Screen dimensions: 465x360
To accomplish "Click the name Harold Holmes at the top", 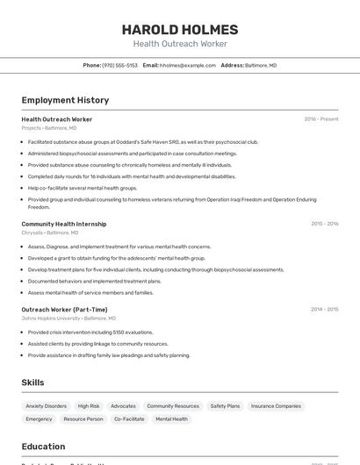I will (x=180, y=29).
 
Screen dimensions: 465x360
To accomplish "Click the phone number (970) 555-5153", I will (x=120, y=65).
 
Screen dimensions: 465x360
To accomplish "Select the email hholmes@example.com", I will (x=187, y=65).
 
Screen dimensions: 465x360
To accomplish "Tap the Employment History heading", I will (x=65, y=100).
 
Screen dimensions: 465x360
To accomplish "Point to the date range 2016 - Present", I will (x=320, y=119).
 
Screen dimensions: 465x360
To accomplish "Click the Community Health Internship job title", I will (x=63, y=224).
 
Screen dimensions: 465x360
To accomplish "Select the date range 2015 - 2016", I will (x=324, y=224).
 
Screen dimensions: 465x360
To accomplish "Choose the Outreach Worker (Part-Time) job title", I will (x=64, y=309).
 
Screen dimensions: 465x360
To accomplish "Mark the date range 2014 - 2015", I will (x=324, y=309).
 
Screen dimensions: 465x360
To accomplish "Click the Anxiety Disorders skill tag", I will (x=46, y=406).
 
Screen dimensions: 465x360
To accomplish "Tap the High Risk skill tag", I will (x=89, y=406).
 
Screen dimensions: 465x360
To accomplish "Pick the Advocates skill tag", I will (x=123, y=406).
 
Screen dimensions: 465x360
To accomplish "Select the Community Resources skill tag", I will (x=173, y=406).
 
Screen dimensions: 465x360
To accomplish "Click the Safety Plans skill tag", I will (x=225, y=406).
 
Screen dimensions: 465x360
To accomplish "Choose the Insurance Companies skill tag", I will (x=276, y=406).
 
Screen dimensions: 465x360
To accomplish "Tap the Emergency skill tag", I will (x=39, y=419).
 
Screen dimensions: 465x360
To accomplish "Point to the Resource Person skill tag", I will (x=83, y=419).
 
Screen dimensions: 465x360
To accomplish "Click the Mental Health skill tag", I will (x=171, y=419).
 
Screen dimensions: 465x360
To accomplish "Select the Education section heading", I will (x=43, y=447).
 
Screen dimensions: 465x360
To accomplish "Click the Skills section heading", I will (x=32, y=383).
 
